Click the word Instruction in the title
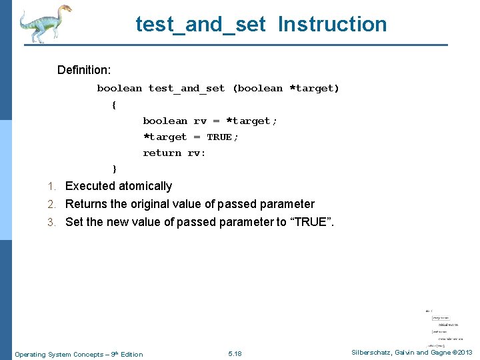coord(332,25)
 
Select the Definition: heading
coord(84,70)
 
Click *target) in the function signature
coord(314,88)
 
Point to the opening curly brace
coord(114,105)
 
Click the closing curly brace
coord(114,169)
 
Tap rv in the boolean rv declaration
coord(200,121)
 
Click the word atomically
coord(145,186)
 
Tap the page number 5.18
coord(235,353)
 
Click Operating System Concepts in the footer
coord(55,354)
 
